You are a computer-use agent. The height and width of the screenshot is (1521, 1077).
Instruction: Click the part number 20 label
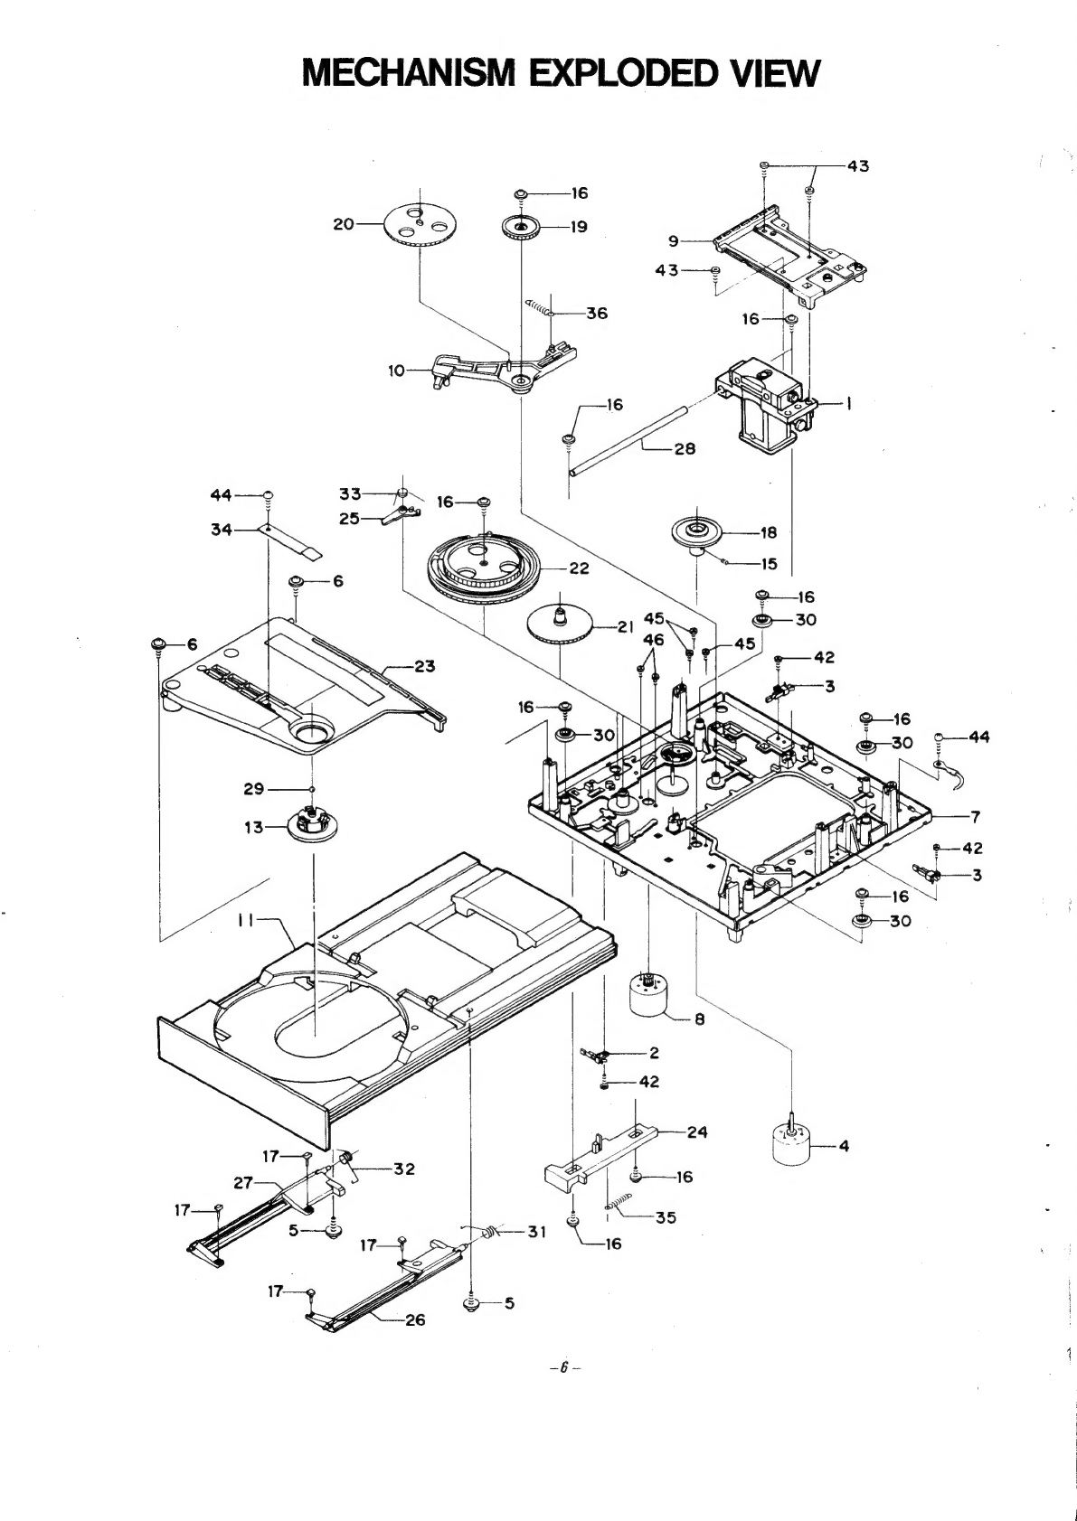[344, 224]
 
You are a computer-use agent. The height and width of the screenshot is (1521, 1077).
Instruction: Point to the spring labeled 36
[541, 308]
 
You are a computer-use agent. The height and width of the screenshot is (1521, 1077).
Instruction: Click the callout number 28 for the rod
[685, 449]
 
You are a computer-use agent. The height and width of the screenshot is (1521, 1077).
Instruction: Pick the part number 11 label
[246, 919]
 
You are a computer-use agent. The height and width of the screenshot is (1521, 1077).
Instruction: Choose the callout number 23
[424, 667]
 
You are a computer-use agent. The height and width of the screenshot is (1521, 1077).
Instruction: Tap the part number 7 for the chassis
[975, 818]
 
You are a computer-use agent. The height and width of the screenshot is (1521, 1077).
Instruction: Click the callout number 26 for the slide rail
[414, 1320]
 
